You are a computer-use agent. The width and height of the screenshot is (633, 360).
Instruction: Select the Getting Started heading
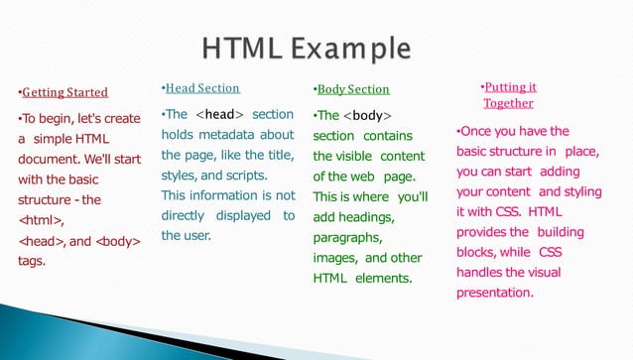pos(65,93)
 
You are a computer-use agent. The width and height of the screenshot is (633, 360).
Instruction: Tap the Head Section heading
pos(203,88)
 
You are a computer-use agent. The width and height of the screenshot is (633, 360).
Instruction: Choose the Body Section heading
pos(353,90)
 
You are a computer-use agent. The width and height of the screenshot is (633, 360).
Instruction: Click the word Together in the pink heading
pos(508,103)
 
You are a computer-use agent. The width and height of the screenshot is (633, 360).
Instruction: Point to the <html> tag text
pos(43,220)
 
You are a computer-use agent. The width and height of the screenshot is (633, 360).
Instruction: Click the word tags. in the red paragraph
pos(33,261)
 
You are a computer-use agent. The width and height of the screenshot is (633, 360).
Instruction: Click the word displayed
pos(239,215)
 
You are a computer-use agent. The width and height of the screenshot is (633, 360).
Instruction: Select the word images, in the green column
pos(333,258)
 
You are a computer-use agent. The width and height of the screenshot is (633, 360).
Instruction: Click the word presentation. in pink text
pos(494,293)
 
